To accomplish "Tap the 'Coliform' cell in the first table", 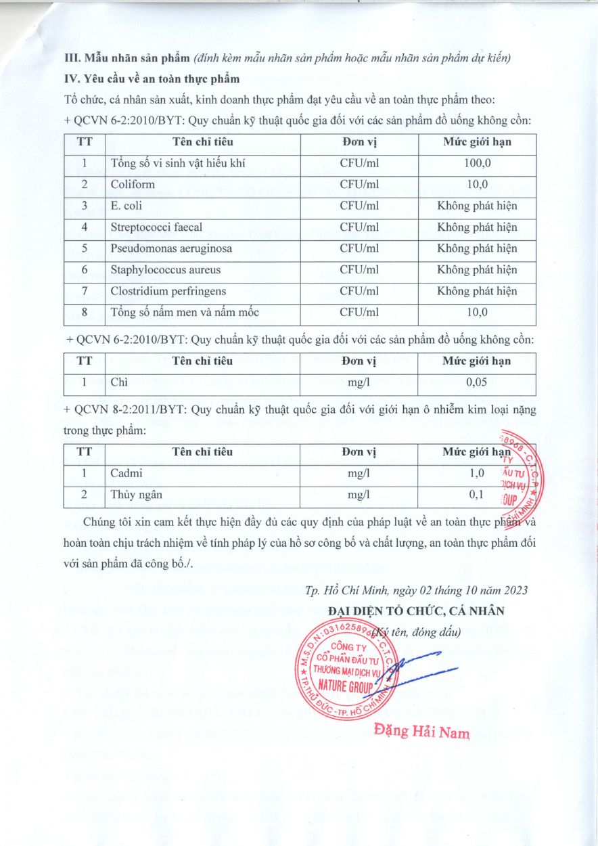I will click(133, 184).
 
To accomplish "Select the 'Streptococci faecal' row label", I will click(156, 227).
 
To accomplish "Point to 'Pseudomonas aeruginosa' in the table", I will click(171, 248).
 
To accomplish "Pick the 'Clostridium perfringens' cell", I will click(168, 291).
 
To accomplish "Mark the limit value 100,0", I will click(476, 163).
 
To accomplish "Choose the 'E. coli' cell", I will click(127, 206).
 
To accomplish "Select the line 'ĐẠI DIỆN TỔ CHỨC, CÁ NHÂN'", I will click(415, 610).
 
